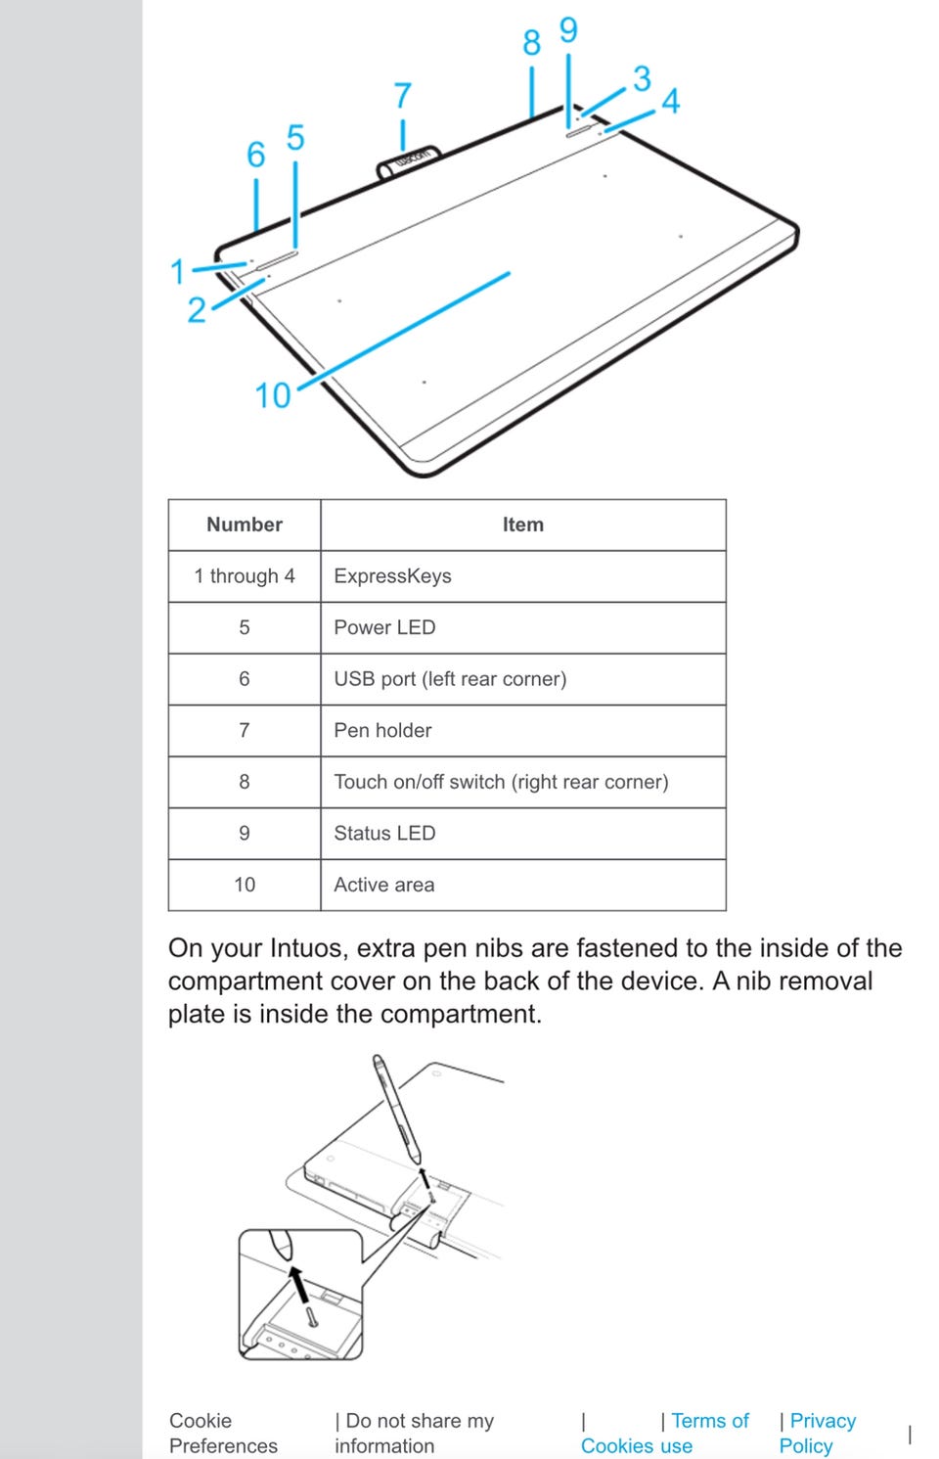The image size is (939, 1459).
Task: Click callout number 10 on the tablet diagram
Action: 273,395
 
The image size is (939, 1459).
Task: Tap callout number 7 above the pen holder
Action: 403,96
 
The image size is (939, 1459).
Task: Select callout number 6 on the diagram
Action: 256,155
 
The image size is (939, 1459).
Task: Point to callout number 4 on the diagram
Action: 670,101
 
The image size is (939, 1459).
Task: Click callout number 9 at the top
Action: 568,30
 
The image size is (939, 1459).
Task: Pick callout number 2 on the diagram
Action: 197,310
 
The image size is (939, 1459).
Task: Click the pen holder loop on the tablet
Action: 409,161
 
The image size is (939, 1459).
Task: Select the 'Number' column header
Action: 245,524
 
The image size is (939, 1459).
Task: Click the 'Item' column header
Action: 522,524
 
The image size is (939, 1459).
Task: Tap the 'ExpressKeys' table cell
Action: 392,576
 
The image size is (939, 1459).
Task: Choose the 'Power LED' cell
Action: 384,627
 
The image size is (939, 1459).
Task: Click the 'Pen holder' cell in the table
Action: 382,730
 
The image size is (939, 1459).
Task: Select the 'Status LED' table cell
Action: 384,833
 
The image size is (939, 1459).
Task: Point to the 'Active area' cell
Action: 383,885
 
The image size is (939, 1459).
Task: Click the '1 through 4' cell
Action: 245,576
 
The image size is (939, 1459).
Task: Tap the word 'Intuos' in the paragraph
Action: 307,948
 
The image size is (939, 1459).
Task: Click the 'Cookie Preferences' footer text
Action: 223,1433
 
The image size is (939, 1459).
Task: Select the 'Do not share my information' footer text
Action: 415,1433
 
